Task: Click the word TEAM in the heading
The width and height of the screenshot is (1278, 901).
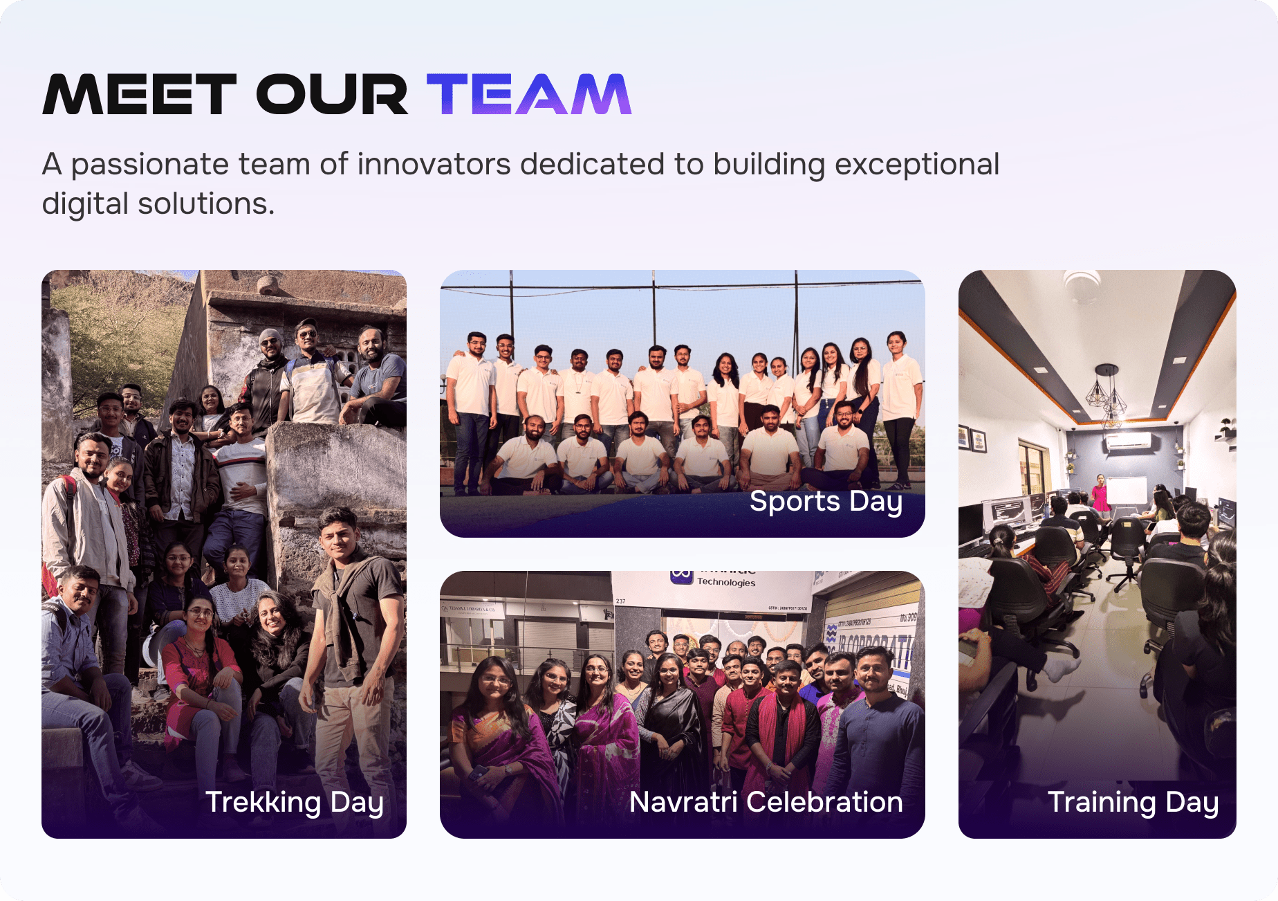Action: point(529,94)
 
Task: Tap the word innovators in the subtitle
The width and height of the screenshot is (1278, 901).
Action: point(434,165)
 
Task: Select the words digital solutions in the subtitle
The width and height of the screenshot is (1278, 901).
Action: point(158,204)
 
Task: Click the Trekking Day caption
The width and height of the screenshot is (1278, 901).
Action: point(295,803)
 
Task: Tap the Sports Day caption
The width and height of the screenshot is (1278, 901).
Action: point(826,501)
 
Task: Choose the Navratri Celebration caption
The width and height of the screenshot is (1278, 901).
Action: point(766,802)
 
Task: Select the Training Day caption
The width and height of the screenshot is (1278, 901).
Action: point(1133,803)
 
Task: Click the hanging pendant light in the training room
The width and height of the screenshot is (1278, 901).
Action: point(1108,394)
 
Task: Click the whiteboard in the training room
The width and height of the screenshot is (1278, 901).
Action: point(1127,491)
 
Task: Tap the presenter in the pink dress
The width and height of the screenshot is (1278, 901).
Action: point(1100,492)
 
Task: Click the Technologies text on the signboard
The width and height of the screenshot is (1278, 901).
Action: point(725,582)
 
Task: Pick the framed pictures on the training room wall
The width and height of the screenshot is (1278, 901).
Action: point(972,439)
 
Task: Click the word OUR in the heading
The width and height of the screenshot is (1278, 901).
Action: point(332,94)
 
